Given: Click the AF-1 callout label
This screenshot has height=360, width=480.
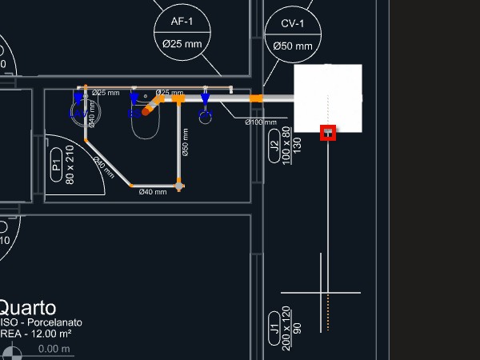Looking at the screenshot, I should pyautogui.click(x=186, y=21).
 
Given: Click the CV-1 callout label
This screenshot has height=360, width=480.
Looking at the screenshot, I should pyautogui.click(x=293, y=24).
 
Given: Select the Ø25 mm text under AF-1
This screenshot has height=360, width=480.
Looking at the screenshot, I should pyautogui.click(x=182, y=43).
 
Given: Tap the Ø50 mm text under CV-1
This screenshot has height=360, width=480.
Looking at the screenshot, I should pyautogui.click(x=293, y=46).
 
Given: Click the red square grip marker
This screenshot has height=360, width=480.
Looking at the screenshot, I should pyautogui.click(x=328, y=133).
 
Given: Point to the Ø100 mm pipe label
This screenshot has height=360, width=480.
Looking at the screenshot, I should pyautogui.click(x=260, y=122).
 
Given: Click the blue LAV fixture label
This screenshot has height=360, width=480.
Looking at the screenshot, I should pyautogui.click(x=78, y=114).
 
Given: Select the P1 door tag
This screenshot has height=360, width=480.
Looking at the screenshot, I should pyautogui.click(x=56, y=166).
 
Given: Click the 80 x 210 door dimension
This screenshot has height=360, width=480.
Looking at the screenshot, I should pyautogui.click(x=70, y=165).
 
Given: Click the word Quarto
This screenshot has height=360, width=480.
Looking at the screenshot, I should pyautogui.click(x=27, y=308).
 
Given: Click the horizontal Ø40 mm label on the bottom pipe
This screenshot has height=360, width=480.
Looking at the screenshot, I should pyautogui.click(x=152, y=192).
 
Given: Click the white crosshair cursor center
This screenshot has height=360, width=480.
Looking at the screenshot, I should pyautogui.click(x=322, y=292).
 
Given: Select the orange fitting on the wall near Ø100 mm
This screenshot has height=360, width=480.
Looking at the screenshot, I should pyautogui.click(x=256, y=98).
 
